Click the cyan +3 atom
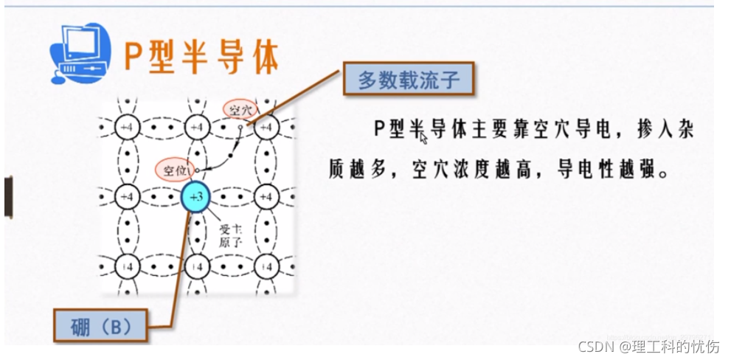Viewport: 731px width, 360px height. pyautogui.click(x=196, y=198)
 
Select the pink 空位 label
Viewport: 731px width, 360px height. pyautogui.click(x=174, y=170)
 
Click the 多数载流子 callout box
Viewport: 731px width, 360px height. pyautogui.click(x=408, y=80)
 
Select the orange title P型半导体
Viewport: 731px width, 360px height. pyautogui.click(x=201, y=56)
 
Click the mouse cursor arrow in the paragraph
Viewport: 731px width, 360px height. pyautogui.click(x=423, y=136)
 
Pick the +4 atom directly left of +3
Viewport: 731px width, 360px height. pyautogui.click(x=126, y=198)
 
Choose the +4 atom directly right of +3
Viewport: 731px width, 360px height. pyautogui.click(x=267, y=198)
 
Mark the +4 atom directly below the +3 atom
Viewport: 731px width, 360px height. pyautogui.click(x=197, y=265)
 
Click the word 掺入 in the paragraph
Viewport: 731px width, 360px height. pyautogui.click(x=652, y=131)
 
